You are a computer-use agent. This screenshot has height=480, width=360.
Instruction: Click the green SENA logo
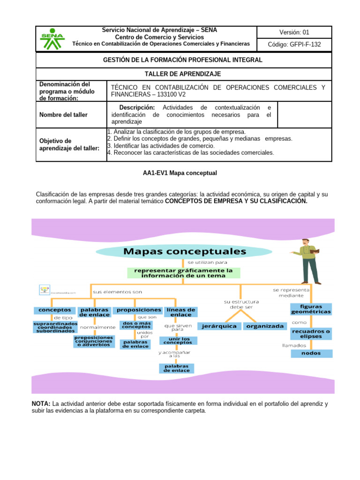click(52, 39)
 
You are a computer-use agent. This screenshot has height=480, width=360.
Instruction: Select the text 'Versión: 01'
click(294, 32)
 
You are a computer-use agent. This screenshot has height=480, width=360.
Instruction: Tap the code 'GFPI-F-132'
click(294, 45)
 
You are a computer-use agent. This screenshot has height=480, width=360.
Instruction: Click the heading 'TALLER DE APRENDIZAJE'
click(182, 74)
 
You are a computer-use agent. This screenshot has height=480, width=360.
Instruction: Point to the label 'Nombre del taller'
click(63, 115)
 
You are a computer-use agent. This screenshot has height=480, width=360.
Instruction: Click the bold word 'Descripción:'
click(137, 108)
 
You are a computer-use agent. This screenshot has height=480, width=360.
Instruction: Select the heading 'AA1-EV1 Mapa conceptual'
click(180, 173)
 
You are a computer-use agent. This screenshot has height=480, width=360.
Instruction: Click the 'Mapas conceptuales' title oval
click(184, 252)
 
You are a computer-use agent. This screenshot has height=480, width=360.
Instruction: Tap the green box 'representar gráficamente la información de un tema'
click(184, 273)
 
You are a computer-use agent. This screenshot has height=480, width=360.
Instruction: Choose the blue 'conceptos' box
click(54, 310)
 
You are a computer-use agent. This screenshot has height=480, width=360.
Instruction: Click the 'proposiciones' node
click(138, 310)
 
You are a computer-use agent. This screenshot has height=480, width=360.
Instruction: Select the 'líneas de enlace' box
click(180, 312)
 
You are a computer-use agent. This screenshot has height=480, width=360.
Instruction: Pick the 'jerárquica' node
click(219, 326)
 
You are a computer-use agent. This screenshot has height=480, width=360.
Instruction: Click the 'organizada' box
click(265, 326)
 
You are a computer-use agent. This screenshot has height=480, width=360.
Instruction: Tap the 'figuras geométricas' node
click(311, 308)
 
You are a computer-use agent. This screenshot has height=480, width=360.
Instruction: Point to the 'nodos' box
click(311, 353)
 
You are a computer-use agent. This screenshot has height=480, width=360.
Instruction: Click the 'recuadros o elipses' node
click(311, 334)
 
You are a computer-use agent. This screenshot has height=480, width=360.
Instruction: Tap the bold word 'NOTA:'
click(41, 404)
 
